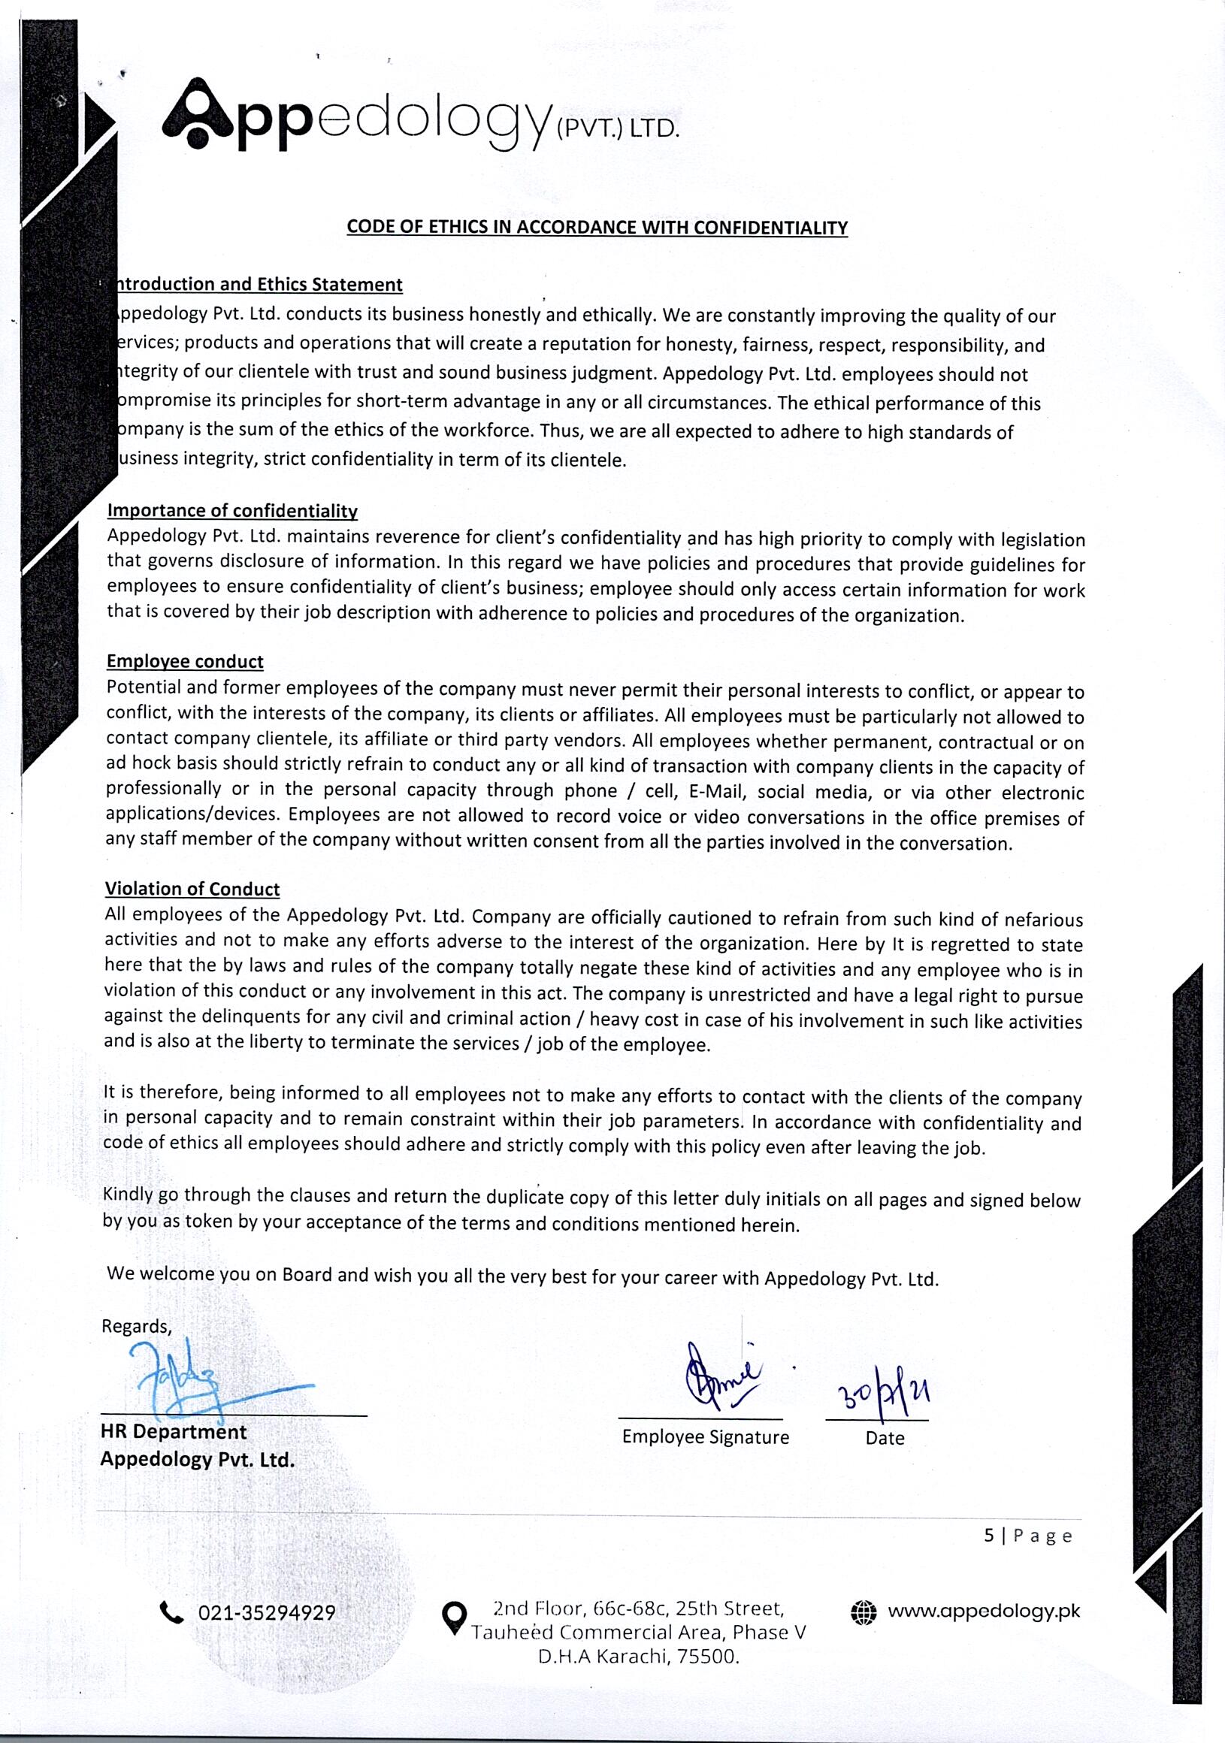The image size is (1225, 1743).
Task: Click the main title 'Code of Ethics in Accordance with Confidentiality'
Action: (x=597, y=227)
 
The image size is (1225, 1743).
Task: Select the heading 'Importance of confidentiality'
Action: (x=231, y=510)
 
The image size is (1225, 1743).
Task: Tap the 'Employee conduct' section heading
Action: (x=185, y=661)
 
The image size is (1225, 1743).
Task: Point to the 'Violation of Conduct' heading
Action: (x=192, y=888)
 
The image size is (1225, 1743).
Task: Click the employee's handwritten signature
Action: (x=720, y=1375)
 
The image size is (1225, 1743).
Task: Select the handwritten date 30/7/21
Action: (x=883, y=1394)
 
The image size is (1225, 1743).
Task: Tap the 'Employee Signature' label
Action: (x=706, y=1437)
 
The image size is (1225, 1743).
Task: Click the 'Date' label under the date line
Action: (x=885, y=1438)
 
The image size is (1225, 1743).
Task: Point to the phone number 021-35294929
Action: (x=267, y=1612)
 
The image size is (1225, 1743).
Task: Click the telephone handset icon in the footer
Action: (x=172, y=1612)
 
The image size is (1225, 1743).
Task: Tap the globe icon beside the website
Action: (x=863, y=1612)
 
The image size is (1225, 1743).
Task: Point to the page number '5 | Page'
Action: (x=1027, y=1536)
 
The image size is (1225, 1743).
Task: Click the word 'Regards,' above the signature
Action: (x=137, y=1325)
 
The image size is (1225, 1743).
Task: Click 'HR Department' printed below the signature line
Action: (x=173, y=1432)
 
